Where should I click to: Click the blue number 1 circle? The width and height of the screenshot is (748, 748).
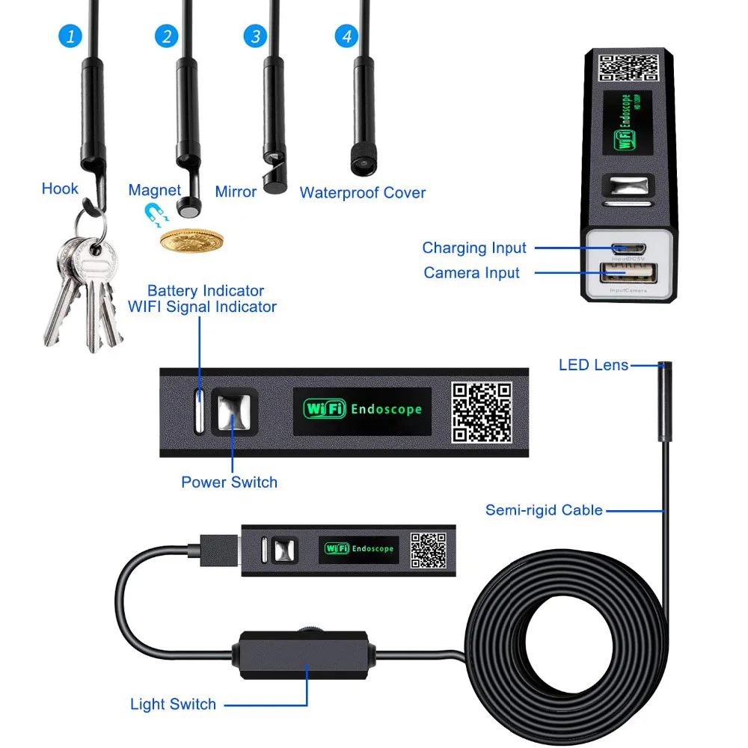click(x=70, y=36)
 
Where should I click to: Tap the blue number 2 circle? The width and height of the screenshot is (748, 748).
click(x=167, y=36)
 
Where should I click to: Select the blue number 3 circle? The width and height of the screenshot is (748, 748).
click(x=256, y=36)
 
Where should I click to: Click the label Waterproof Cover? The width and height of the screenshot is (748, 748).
click(x=362, y=192)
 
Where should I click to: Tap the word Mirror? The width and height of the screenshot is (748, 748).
click(x=236, y=191)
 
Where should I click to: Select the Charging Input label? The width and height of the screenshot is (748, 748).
click(x=474, y=248)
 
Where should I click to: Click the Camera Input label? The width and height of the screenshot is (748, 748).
click(x=471, y=272)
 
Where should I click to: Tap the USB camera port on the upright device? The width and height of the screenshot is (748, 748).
click(x=629, y=274)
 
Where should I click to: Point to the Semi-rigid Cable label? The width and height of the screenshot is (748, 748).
click(x=544, y=510)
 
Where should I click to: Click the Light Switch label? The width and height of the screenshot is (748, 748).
click(x=173, y=704)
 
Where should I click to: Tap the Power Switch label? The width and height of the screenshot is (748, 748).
click(x=229, y=482)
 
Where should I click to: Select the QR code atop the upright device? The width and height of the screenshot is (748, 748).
click(x=630, y=68)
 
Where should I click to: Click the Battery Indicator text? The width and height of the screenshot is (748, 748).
click(x=206, y=290)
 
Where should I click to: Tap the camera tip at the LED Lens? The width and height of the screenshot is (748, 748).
click(x=663, y=367)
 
